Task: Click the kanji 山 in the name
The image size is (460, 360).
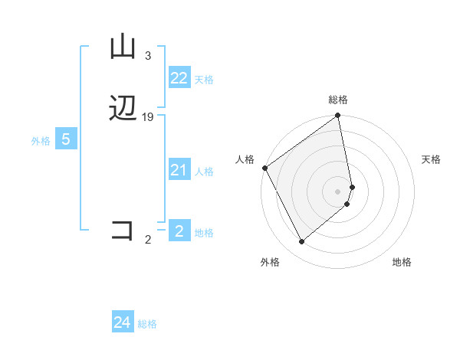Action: [x=123, y=47]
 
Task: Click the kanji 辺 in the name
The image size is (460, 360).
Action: [x=123, y=110]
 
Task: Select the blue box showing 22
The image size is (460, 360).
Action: [x=179, y=78]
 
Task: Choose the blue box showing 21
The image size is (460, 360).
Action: [x=179, y=170]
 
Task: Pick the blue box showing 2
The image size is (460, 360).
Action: [x=179, y=231]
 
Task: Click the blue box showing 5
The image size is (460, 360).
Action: [x=66, y=139]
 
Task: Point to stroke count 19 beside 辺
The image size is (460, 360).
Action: [x=148, y=116]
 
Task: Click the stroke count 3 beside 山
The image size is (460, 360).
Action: [x=148, y=56]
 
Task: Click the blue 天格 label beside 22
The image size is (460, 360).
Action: [x=204, y=80]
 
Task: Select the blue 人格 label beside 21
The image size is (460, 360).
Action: [x=204, y=172]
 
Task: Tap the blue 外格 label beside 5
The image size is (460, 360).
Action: [x=41, y=141]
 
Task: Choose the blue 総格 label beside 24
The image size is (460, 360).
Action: [x=147, y=324]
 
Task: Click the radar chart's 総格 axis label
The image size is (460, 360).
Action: [x=338, y=100]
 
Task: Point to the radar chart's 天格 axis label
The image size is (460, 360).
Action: [x=432, y=159]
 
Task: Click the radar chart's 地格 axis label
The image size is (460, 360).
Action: [x=402, y=262]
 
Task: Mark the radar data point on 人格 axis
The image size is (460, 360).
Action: [x=264, y=168]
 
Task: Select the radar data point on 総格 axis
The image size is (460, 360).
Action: [x=338, y=116]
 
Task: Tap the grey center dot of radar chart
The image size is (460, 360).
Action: [x=338, y=191]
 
